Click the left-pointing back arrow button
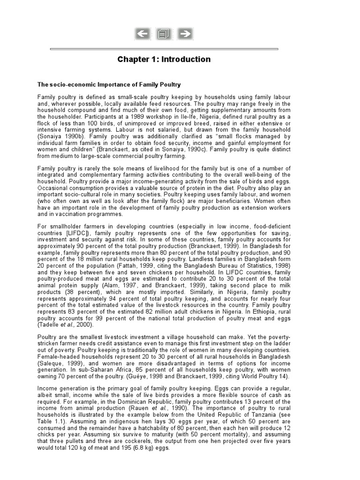click(x=142, y=34)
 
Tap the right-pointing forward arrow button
click(x=186, y=34)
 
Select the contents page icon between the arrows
click(x=164, y=34)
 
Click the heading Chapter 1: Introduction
click(x=164, y=60)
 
